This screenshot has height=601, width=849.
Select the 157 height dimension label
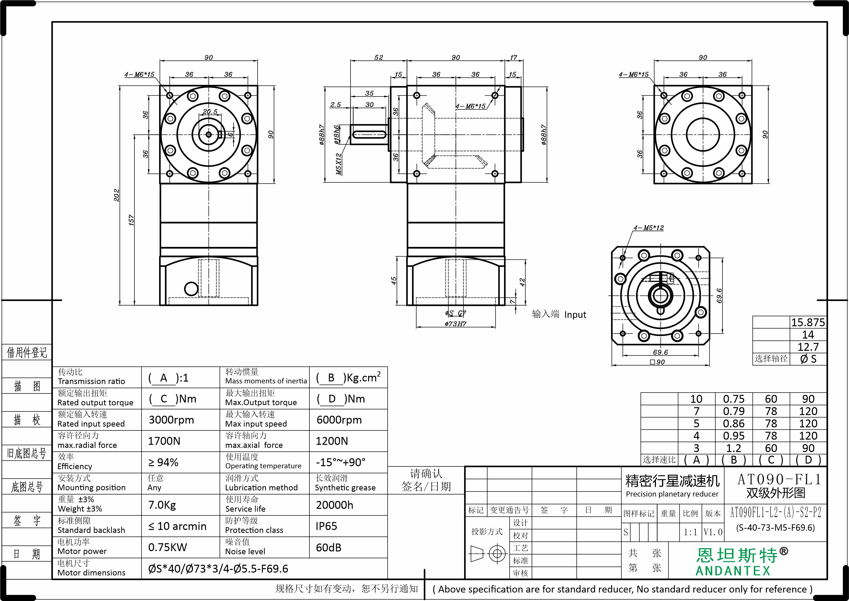click(x=131, y=220)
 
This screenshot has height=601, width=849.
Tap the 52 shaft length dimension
click(x=379, y=57)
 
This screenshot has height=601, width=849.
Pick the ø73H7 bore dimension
click(x=455, y=324)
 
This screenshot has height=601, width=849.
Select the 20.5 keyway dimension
click(x=210, y=112)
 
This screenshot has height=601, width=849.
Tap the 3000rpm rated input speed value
click(x=171, y=420)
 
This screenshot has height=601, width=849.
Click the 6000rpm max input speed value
click(x=339, y=420)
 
